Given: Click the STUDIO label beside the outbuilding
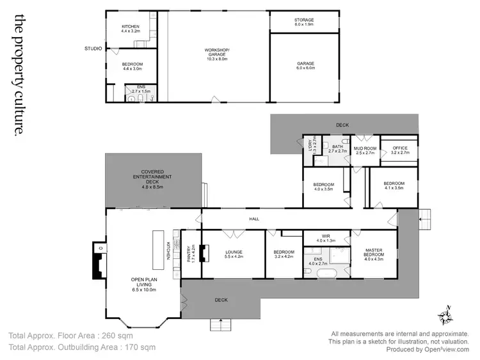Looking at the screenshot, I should point(93,48).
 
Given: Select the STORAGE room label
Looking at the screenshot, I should point(304,20).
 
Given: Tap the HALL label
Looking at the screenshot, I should point(254,219).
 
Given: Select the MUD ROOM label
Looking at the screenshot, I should point(365,148).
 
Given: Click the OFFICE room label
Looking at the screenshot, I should point(400,148).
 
